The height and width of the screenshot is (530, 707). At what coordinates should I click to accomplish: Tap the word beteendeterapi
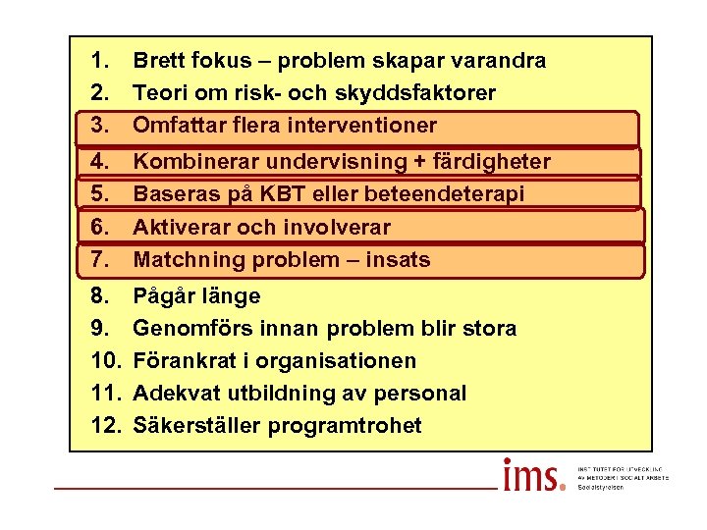point(440,194)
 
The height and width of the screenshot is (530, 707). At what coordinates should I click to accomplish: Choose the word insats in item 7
point(397,260)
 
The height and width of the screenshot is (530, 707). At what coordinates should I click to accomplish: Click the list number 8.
point(98,296)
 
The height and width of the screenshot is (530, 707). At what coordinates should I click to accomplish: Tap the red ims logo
point(533,476)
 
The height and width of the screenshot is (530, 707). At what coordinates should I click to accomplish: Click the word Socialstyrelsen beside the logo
point(601,487)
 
